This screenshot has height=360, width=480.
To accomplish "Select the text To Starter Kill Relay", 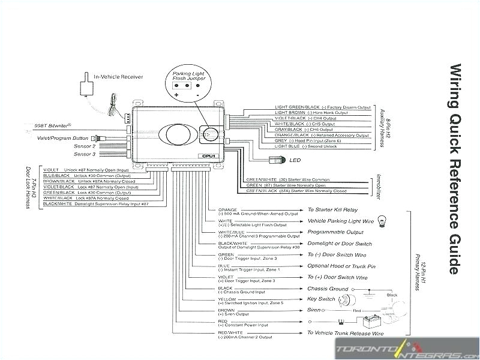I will [332, 210].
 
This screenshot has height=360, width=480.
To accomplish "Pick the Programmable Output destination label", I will [335, 232].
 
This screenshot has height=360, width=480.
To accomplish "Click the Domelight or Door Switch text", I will [340, 244].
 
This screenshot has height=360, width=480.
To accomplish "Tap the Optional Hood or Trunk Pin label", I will [341, 266].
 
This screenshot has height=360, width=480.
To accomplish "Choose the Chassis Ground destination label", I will [328, 289].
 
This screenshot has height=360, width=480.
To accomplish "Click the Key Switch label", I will [321, 299].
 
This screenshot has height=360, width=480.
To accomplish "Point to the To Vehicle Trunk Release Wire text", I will [345, 332].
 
